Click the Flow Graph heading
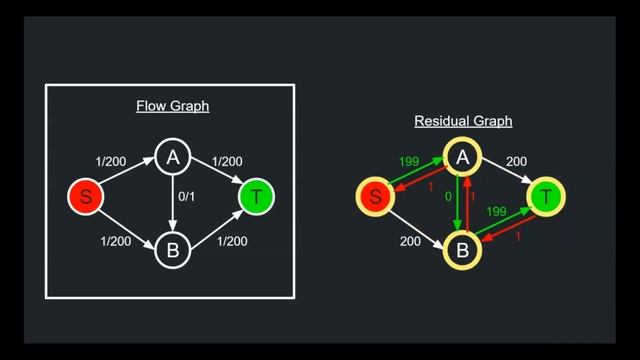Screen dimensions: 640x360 (172, 107)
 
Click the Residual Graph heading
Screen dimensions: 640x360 (462, 121)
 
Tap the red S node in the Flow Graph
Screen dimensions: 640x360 (86, 197)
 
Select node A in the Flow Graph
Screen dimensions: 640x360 (172, 156)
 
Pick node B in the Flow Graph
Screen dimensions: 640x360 (172, 251)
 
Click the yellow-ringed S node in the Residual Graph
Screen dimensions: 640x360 (375, 197)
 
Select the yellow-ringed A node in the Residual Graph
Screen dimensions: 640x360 (462, 156)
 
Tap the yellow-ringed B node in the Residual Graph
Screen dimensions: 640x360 (462, 250)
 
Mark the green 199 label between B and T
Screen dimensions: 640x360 (495, 212)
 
